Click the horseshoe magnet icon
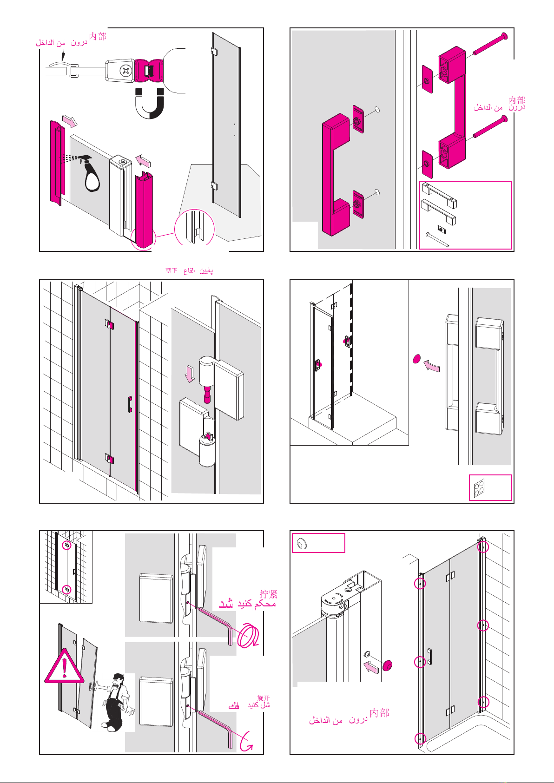click(x=149, y=104)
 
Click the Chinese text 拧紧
click(x=269, y=594)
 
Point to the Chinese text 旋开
click(x=264, y=698)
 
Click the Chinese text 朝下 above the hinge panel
click(x=171, y=270)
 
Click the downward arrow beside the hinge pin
click(x=190, y=374)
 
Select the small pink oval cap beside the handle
click(x=416, y=358)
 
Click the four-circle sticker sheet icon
click(x=479, y=488)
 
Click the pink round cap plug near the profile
click(x=387, y=666)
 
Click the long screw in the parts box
click(x=437, y=240)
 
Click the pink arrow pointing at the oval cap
click(x=432, y=367)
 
